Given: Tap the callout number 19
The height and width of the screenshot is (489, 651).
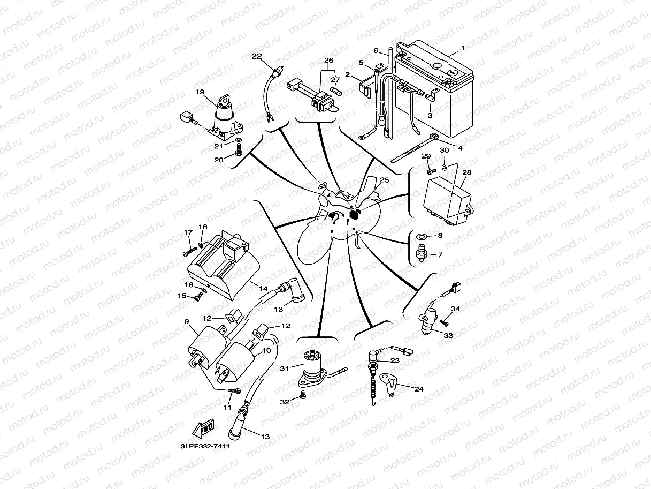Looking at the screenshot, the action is (200, 92).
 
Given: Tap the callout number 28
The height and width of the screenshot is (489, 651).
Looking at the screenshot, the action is (467, 172).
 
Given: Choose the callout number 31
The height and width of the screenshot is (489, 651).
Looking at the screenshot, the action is (284, 368).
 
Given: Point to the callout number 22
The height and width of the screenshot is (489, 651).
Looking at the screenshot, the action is (256, 56).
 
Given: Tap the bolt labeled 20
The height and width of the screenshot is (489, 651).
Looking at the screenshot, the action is (238, 153).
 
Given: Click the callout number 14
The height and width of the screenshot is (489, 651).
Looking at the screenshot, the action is (263, 288).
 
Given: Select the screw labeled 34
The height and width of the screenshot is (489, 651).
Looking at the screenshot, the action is (443, 322).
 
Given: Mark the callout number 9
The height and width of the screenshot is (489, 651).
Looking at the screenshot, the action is (187, 322).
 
